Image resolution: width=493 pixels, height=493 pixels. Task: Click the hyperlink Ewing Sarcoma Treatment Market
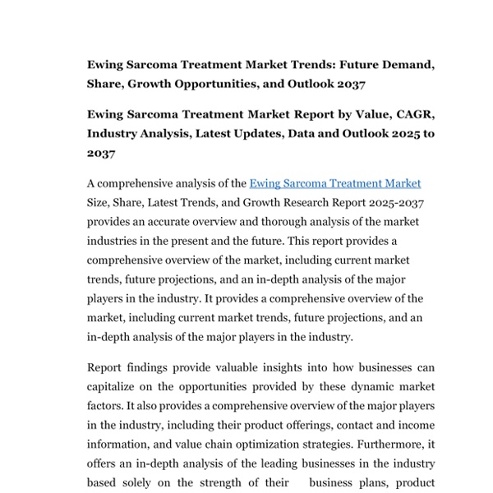pos(334,184)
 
